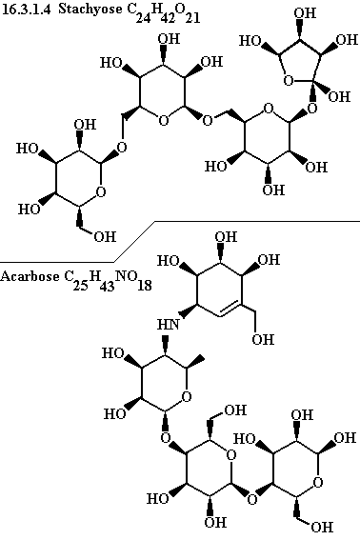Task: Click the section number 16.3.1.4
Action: pyautogui.click(x=26, y=10)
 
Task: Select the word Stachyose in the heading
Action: pyautogui.click(x=90, y=10)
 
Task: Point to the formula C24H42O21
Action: pyautogui.click(x=163, y=12)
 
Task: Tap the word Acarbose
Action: pyautogui.click(x=30, y=276)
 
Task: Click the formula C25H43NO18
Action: pyautogui.click(x=108, y=281)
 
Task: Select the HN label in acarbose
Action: pyautogui.click(x=169, y=324)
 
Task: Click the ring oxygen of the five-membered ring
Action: pyautogui.click(x=288, y=81)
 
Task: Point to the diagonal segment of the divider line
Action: pyautogui.click(x=134, y=242)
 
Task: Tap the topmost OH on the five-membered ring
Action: pyautogui.click(x=305, y=12)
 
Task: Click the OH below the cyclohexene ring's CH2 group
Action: pyautogui.click(x=263, y=340)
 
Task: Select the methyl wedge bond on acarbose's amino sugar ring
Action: pyautogui.click(x=196, y=362)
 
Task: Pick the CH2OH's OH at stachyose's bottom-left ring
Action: pyautogui.click(x=105, y=236)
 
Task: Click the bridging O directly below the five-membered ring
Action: pyautogui.click(x=312, y=109)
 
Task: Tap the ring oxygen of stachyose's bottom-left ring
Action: pyautogui.click(x=101, y=191)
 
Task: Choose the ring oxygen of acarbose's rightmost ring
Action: pyautogui.click(x=318, y=482)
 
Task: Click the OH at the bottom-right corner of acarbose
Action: pyautogui.click(x=322, y=527)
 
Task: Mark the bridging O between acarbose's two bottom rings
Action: pyautogui.click(x=252, y=499)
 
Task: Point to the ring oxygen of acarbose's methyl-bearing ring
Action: pyautogui.click(x=187, y=397)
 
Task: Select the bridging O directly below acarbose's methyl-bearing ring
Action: pyautogui.click(x=166, y=438)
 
